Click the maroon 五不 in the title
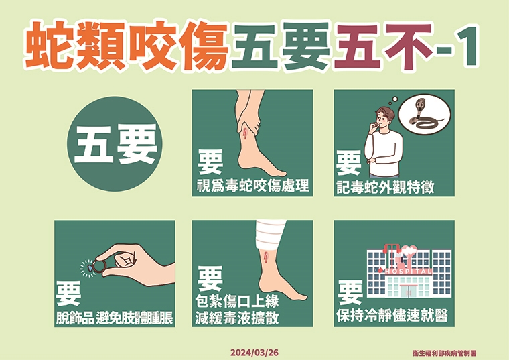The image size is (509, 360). click(x=380, y=48)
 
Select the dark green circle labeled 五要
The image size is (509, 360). click(x=116, y=144)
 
